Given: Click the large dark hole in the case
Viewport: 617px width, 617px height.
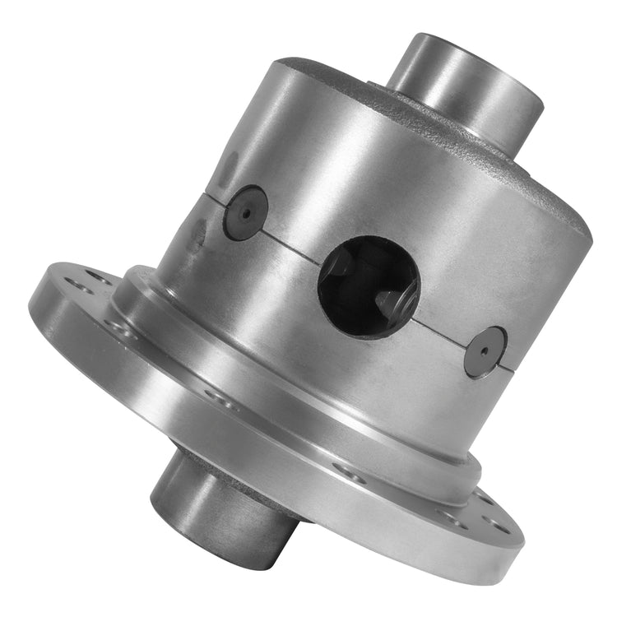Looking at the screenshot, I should pos(369,285).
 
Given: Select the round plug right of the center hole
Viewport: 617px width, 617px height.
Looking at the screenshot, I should pos(485,351).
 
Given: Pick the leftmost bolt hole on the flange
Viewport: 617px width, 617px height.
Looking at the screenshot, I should pos(78,285).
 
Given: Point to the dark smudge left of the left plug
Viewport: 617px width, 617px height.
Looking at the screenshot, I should pos(197,234).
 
